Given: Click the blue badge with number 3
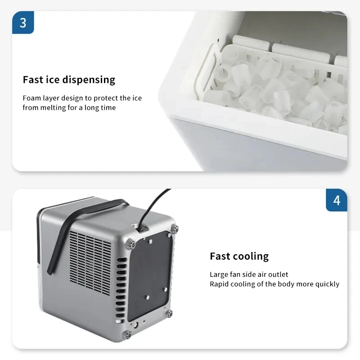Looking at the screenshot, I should click(x=23, y=22).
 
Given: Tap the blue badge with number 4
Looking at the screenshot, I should click(x=337, y=200).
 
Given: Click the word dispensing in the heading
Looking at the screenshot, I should click(x=89, y=80).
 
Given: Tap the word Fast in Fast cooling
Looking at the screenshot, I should click(x=219, y=256).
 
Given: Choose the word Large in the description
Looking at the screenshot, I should click(x=219, y=274).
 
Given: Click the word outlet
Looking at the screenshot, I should click(x=279, y=274).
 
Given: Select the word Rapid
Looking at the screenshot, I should click(x=220, y=284).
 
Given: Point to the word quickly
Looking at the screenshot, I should click(x=328, y=284).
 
